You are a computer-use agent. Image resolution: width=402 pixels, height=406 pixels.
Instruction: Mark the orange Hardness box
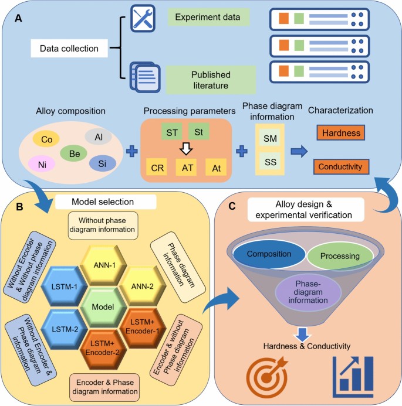click(341, 134)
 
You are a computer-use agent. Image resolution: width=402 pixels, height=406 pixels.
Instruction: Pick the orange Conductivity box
click(341, 168)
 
